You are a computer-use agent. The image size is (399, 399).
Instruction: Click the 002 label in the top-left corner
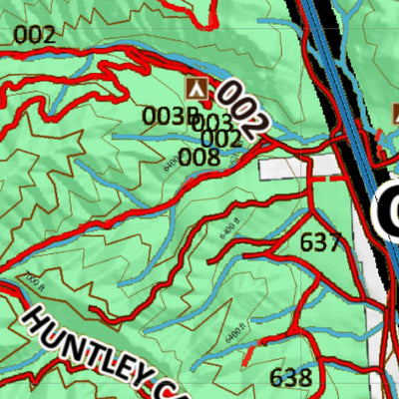[x=35, y=36]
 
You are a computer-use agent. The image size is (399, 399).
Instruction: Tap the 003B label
[x=171, y=116]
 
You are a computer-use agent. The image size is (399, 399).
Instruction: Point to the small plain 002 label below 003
[x=220, y=139]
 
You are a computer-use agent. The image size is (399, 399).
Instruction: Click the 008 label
[x=199, y=157]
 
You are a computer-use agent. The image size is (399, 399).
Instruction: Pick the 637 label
[x=319, y=241]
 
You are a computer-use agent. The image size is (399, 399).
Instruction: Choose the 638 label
[x=290, y=378]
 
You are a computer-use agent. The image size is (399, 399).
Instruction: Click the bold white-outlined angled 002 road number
[x=242, y=109]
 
